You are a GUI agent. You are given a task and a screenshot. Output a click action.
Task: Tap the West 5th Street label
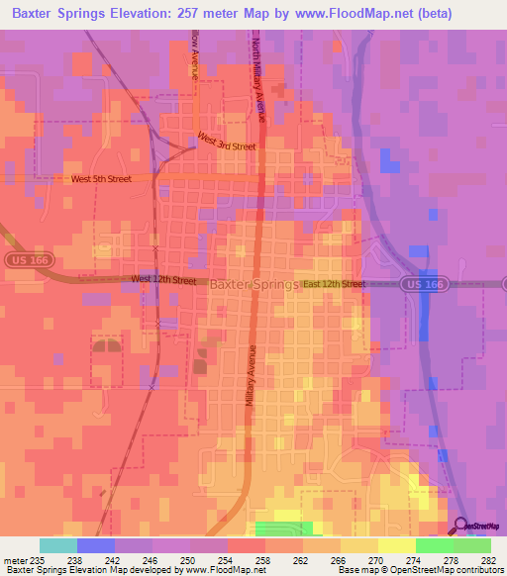[x=101, y=179]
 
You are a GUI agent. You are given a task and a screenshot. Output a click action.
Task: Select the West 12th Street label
[x=164, y=280]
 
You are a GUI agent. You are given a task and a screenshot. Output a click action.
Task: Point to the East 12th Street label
[x=335, y=284]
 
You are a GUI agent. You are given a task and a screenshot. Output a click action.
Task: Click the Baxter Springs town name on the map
[x=254, y=284]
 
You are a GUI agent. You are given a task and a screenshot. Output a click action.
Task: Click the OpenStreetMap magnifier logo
[x=461, y=526]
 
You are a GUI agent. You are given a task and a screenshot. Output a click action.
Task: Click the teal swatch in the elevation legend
[x=58, y=545]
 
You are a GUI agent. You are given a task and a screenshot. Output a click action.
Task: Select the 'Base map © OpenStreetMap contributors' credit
[x=420, y=570]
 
